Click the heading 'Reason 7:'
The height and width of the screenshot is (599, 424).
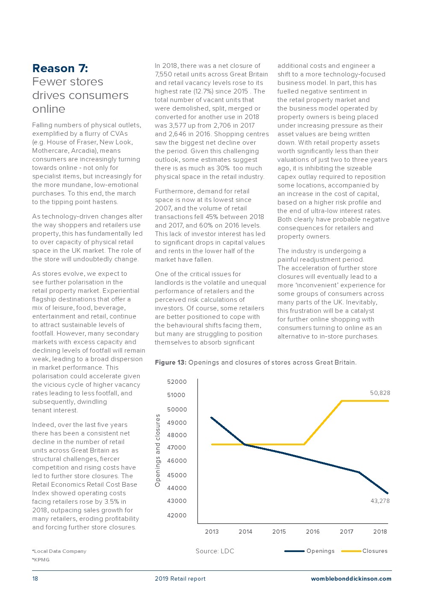click(x=60, y=68)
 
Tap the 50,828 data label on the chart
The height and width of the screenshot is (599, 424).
click(x=380, y=393)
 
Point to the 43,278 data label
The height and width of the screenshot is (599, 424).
click(x=380, y=501)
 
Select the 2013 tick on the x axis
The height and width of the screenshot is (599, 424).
click(x=212, y=532)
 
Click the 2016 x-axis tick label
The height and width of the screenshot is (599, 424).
click(x=313, y=532)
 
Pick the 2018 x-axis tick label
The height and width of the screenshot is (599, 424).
click(x=380, y=532)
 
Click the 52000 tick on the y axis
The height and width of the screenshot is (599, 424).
click(x=177, y=382)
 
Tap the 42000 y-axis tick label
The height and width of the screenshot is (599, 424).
click(x=177, y=515)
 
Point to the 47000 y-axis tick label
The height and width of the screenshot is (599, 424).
click(x=177, y=447)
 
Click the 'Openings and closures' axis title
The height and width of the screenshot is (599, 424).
click(x=158, y=450)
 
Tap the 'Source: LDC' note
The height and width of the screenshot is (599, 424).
click(x=215, y=551)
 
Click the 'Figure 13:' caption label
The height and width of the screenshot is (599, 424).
click(x=171, y=362)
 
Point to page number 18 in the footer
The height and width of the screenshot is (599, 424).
click(x=35, y=579)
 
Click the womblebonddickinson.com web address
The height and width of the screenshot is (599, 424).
click(x=351, y=579)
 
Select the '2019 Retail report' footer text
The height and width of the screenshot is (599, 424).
click(x=180, y=579)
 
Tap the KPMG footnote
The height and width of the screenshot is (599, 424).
click(x=41, y=560)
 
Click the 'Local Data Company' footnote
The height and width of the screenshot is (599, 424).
click(x=60, y=551)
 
